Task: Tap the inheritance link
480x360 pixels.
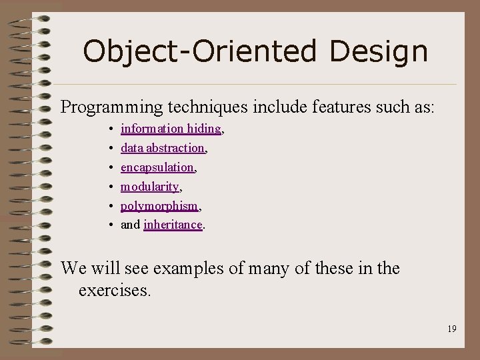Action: click(x=172, y=225)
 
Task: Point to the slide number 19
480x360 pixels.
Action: click(x=451, y=329)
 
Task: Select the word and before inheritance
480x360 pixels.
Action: click(x=130, y=225)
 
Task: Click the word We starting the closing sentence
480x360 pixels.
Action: click(x=72, y=269)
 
